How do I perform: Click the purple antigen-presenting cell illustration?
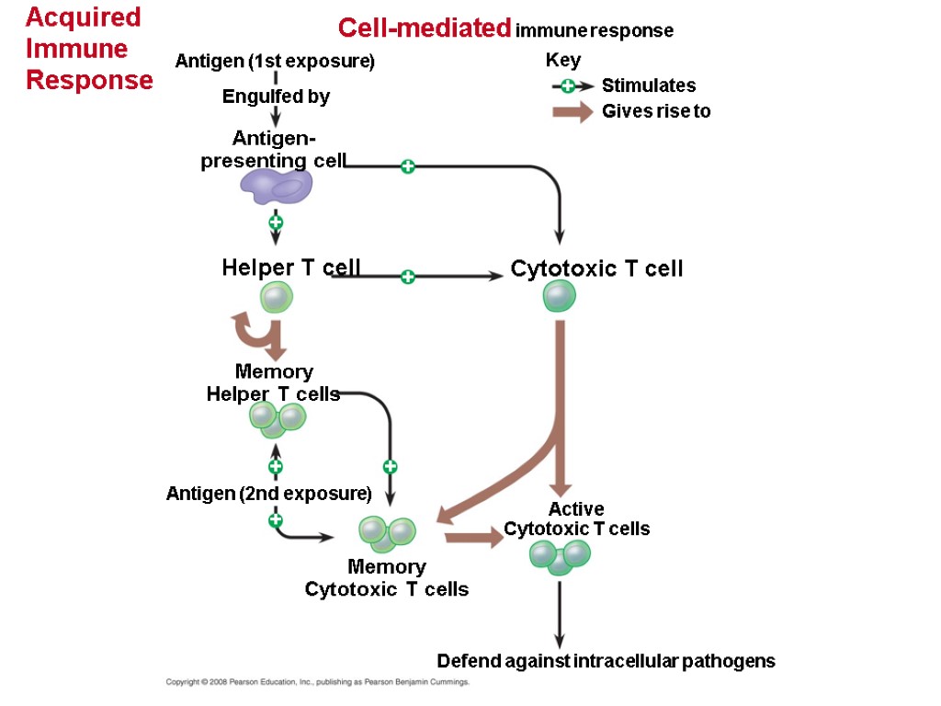277,188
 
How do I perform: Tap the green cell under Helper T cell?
276,298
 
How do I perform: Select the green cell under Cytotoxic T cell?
559,297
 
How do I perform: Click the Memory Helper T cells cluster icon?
278,420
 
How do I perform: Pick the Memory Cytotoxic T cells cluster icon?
387,533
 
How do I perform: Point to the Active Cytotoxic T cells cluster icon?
560,556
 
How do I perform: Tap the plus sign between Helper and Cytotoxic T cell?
408,276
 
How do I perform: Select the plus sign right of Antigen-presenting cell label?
408,166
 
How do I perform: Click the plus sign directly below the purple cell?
275,222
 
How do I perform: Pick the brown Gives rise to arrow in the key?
572,112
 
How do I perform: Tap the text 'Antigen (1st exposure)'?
275,62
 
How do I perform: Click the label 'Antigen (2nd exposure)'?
267,494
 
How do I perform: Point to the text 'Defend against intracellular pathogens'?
606,661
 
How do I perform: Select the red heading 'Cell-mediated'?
424,28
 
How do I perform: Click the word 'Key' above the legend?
562,61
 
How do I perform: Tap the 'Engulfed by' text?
276,97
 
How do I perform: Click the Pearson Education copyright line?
317,683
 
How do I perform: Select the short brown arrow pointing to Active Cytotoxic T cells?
474,539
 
